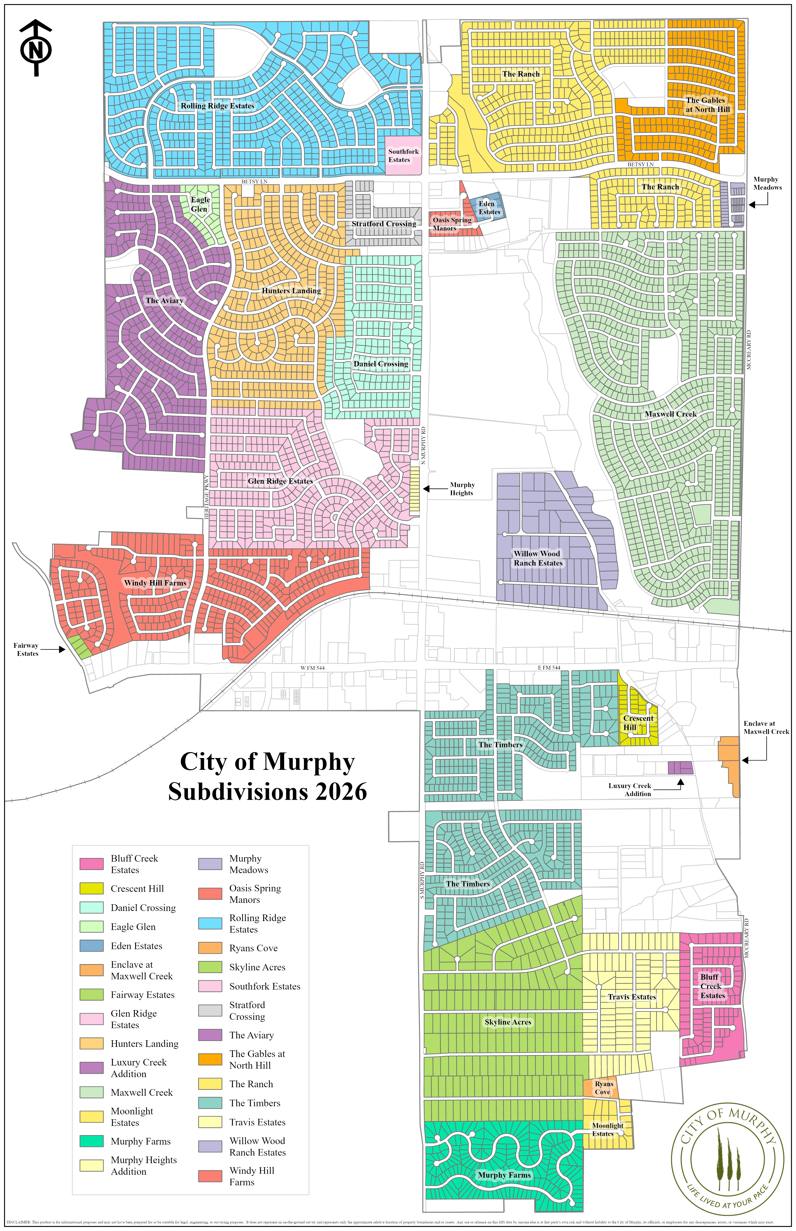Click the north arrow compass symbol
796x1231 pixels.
(x=36, y=48)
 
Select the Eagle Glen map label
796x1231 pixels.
(x=200, y=204)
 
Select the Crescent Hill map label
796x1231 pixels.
(x=638, y=722)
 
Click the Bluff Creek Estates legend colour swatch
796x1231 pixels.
(x=91, y=864)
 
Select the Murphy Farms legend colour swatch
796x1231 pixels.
(x=91, y=1141)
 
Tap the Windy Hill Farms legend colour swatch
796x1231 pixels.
(x=210, y=1176)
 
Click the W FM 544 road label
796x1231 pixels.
(x=312, y=668)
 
